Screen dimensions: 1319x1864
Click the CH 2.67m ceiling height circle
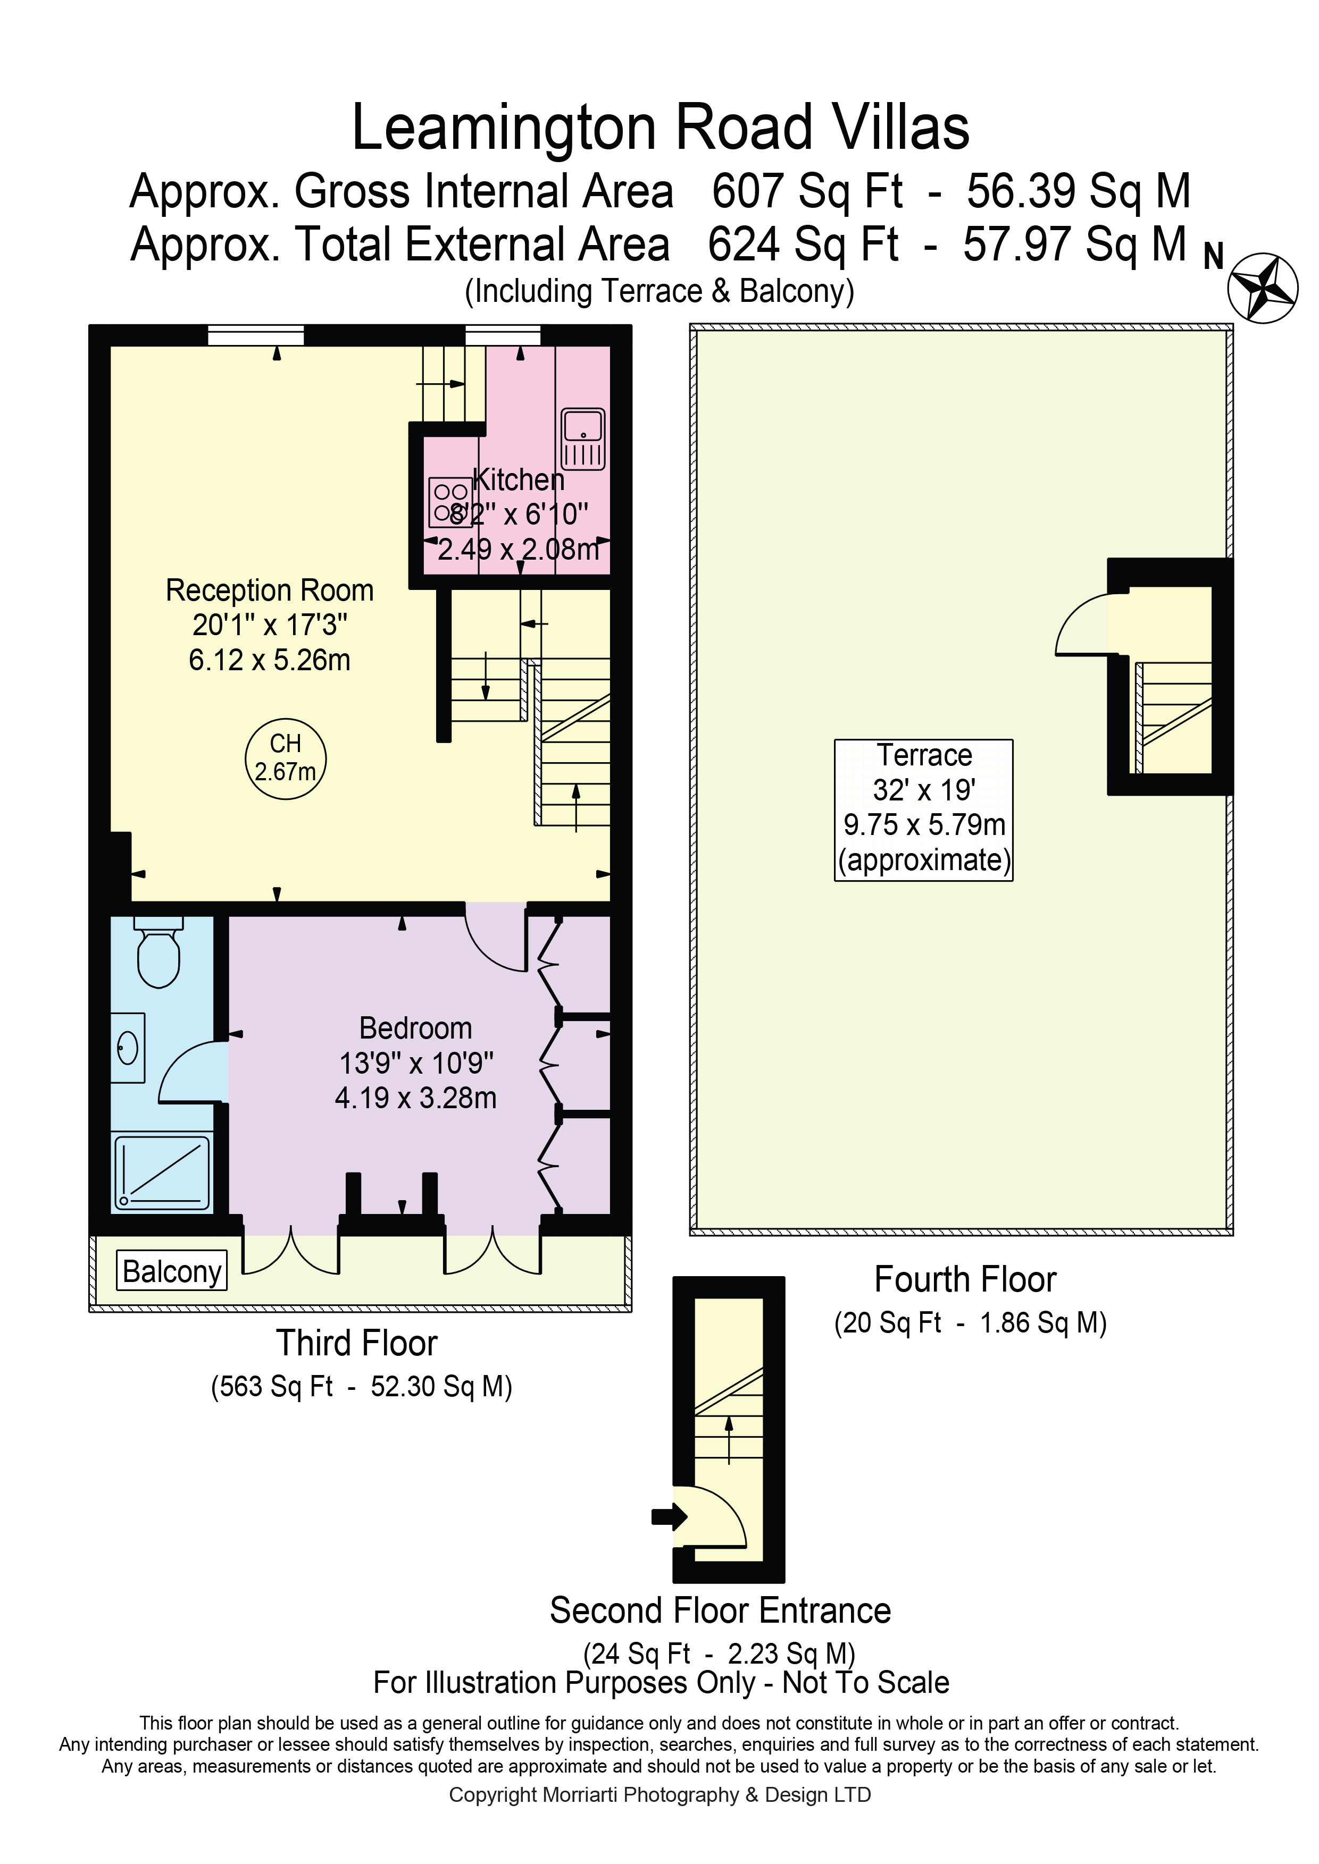coord(285,758)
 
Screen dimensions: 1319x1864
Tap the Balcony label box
coord(171,1270)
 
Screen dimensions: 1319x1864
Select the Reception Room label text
coord(270,590)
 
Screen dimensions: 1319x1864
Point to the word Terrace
coord(924,755)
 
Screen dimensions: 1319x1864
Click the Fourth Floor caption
coord(965,1279)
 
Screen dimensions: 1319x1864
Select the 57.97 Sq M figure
coord(1076,243)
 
